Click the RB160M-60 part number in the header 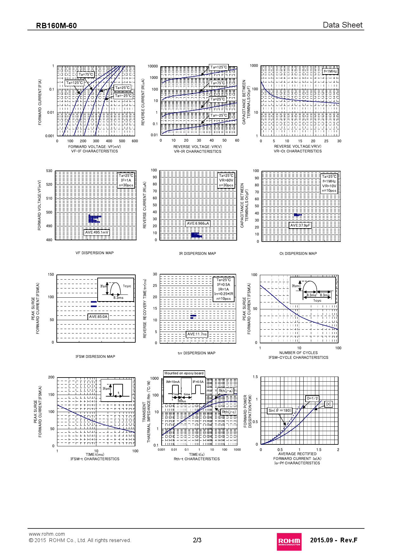coord(56,26)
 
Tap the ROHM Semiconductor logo coord(289,541)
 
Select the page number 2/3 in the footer coord(197,540)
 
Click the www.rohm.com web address coord(47,534)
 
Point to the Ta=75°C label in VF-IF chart coord(86,75)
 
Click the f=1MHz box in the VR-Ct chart coord(330,71)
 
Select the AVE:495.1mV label coord(97,232)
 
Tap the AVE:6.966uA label coord(198,223)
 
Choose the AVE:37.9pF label coord(300,225)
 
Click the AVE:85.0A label coord(98,317)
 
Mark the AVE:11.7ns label coord(197,334)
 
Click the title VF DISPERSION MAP coord(94,253)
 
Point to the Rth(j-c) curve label coord(229,412)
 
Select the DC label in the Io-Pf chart coord(328,404)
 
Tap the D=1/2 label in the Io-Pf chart coord(312,398)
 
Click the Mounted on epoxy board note coord(184,373)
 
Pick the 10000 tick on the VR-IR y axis coord(153,66)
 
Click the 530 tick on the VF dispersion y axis coord(49,171)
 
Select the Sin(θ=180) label coord(280,411)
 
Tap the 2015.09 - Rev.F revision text coord(333,540)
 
